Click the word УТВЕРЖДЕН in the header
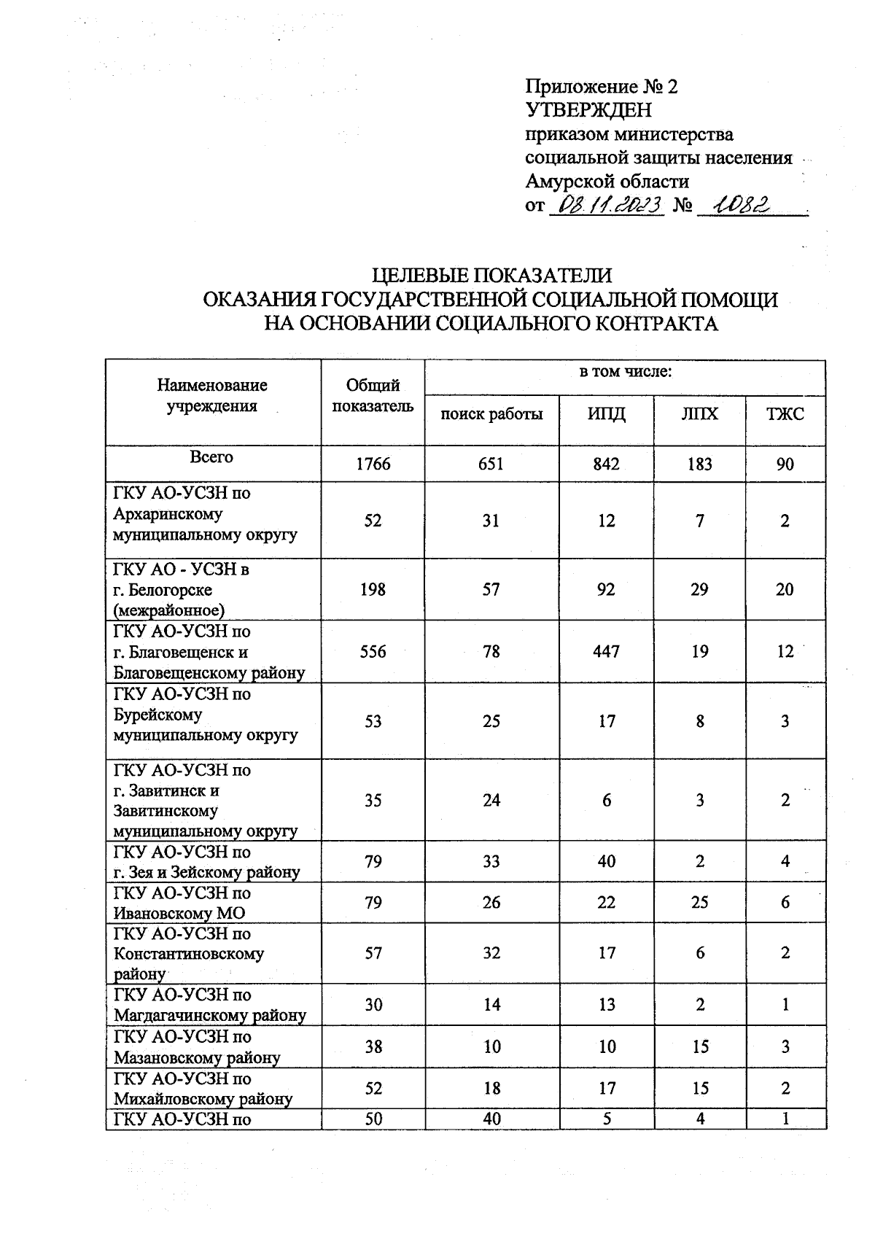point(588,111)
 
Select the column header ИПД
point(607,414)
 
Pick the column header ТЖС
point(785,414)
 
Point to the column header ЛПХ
point(699,414)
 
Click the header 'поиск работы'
point(491,415)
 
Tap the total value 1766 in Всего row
point(373,464)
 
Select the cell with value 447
point(606,651)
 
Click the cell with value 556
point(373,651)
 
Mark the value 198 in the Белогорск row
point(373,589)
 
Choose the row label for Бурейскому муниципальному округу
point(206,715)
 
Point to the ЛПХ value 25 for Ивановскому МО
point(699,903)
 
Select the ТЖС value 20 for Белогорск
point(785,589)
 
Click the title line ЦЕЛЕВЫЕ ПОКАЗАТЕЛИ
point(491,276)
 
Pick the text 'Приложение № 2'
point(601,88)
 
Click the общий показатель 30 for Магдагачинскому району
point(373,1005)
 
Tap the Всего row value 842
point(606,464)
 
